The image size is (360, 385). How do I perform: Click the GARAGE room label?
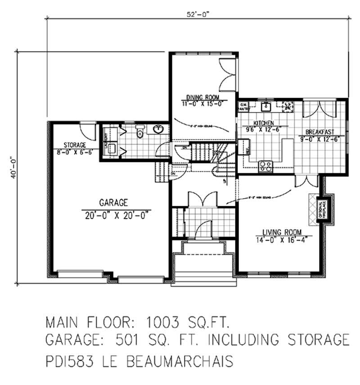(114, 203)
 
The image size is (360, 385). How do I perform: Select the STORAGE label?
(74, 145)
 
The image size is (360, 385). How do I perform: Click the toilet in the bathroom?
(140, 131)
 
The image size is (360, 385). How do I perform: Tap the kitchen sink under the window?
(265, 107)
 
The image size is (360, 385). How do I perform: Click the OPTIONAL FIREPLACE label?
(322, 209)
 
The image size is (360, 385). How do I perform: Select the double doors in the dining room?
(226, 73)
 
